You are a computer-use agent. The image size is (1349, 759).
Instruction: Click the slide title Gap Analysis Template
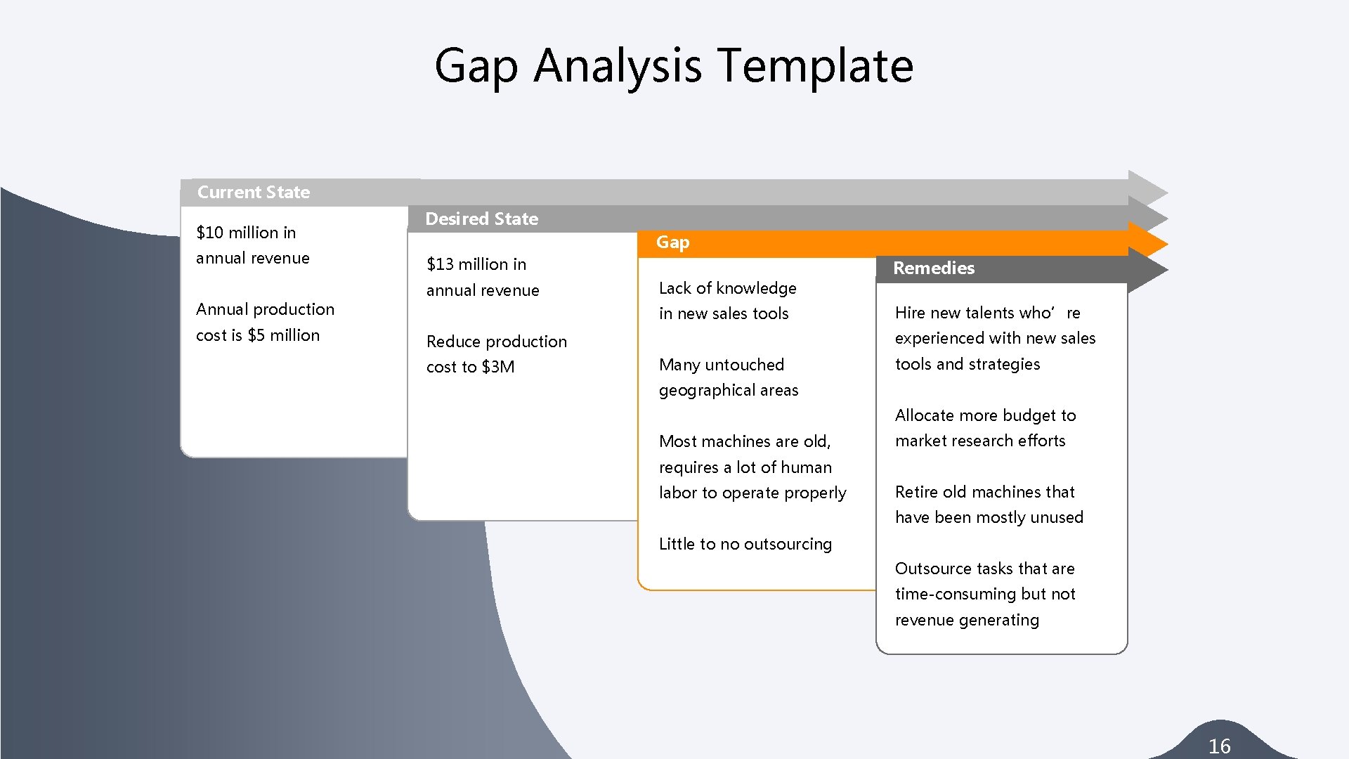(x=673, y=65)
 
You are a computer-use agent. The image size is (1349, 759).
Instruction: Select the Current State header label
(x=253, y=192)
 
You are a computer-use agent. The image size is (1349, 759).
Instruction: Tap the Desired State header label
(x=481, y=219)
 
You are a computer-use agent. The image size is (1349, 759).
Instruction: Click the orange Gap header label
(x=672, y=242)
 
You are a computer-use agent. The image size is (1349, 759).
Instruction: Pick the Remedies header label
(x=933, y=268)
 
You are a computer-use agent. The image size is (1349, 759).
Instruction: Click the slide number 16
(x=1219, y=746)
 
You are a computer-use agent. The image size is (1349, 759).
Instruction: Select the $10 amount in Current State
(x=209, y=233)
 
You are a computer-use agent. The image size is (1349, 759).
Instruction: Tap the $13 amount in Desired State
(x=440, y=264)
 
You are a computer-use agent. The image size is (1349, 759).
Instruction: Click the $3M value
(x=498, y=367)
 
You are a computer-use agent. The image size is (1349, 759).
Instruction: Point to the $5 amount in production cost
(x=256, y=335)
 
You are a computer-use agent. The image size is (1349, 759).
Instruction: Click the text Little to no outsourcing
(x=745, y=544)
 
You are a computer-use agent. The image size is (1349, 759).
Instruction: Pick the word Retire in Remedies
(x=916, y=492)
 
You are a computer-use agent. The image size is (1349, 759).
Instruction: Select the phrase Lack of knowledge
(x=727, y=288)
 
